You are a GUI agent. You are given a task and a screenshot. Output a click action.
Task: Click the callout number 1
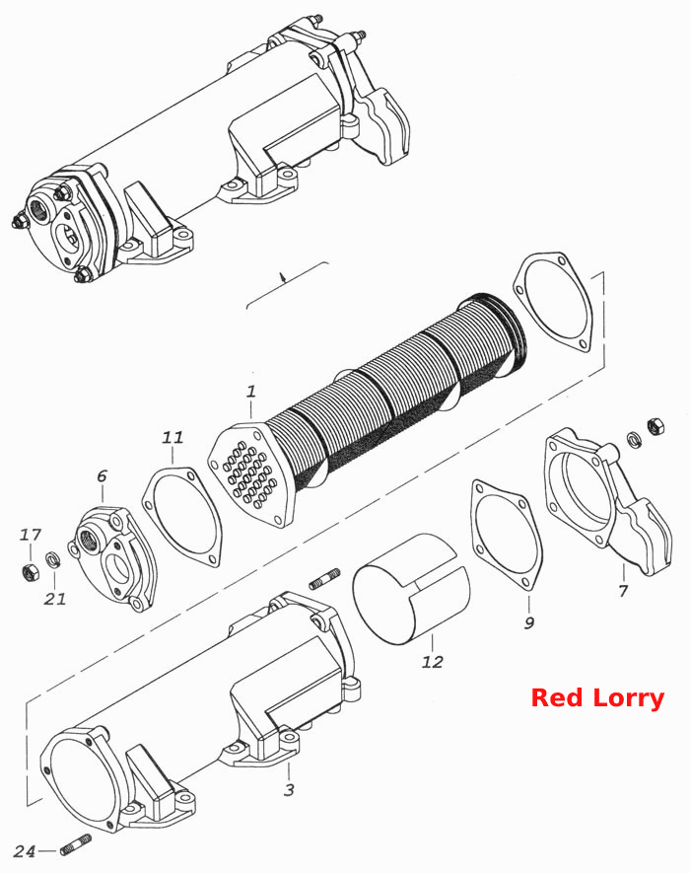251,392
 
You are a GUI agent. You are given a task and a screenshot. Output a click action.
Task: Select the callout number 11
172,438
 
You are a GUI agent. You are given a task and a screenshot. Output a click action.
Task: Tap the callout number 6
102,476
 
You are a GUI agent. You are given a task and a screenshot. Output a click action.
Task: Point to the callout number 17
30,535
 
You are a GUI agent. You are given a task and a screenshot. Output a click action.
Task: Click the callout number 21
55,599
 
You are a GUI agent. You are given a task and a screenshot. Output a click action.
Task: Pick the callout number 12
433,662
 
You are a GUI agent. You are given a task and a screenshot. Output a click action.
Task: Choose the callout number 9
529,621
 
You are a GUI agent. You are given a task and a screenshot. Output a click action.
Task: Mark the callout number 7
623,590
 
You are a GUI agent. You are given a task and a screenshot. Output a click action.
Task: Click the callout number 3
289,789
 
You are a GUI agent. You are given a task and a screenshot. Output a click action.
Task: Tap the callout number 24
25,851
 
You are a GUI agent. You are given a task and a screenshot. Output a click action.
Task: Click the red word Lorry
629,697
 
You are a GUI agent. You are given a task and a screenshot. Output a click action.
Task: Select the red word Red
557,697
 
